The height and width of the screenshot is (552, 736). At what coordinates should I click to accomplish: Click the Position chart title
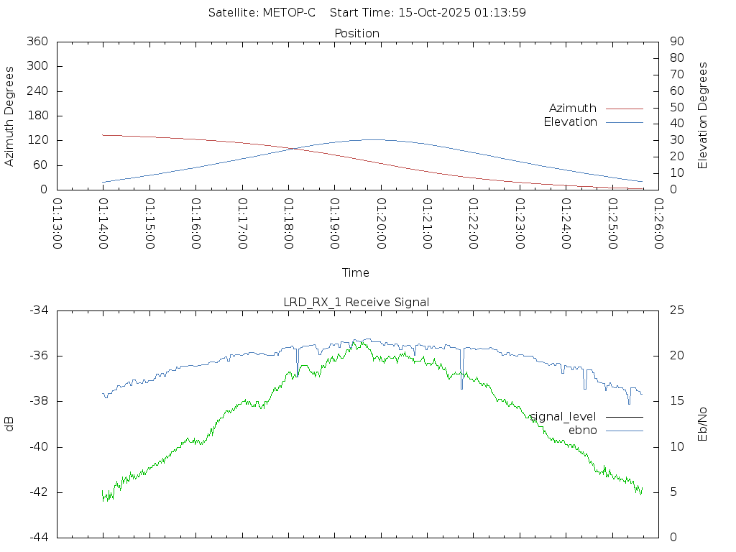[x=356, y=33]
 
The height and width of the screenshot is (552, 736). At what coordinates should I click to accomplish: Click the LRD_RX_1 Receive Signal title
[x=356, y=302]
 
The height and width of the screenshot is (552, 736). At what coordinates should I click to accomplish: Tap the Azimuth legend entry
[x=573, y=108]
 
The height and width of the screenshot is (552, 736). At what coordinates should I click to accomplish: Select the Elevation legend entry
[x=571, y=122]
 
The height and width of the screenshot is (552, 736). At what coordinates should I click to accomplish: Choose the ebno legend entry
[x=583, y=430]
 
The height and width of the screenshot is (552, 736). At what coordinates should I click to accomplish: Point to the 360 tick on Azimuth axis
[x=36, y=42]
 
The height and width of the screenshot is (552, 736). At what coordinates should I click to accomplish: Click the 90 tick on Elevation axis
[x=676, y=42]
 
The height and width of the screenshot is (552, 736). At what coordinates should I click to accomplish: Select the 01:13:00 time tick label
[x=57, y=224]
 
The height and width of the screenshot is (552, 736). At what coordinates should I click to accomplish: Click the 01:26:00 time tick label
[x=657, y=224]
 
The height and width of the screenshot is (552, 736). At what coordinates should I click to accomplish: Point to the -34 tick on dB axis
[x=38, y=310]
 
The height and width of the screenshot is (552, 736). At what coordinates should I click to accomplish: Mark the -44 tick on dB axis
[x=38, y=537]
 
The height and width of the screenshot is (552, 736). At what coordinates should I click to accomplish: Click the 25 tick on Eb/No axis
[x=676, y=310]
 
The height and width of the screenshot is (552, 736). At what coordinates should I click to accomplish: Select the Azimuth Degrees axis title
[x=10, y=116]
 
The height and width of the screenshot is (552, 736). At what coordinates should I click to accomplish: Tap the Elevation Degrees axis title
[x=703, y=116]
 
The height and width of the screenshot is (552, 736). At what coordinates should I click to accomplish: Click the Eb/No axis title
[x=703, y=423]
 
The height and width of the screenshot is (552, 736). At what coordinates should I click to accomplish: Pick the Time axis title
[x=356, y=272]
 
